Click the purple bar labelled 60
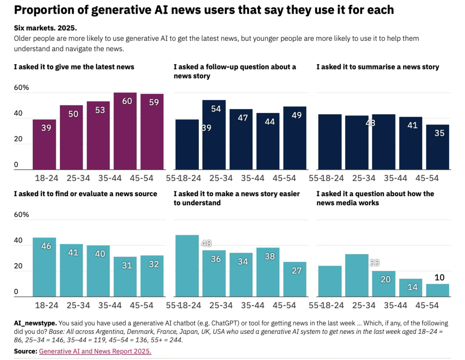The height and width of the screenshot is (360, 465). pos(125,132)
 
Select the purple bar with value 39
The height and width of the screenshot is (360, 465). pos(44,145)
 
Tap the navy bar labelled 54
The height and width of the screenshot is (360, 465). pos(213,135)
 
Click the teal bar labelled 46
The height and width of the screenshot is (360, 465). pos(44,267)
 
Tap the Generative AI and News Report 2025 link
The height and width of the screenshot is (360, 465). pos(95,351)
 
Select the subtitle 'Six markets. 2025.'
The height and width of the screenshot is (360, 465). pos(45,28)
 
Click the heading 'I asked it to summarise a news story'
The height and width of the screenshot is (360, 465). pos(377,67)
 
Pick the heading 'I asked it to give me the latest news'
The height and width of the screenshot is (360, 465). pos(74,67)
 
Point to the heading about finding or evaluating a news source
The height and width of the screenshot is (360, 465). pos(85,194)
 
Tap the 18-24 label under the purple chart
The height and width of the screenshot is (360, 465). pos(44,178)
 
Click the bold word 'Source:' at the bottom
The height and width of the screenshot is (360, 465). pos(25,351)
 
